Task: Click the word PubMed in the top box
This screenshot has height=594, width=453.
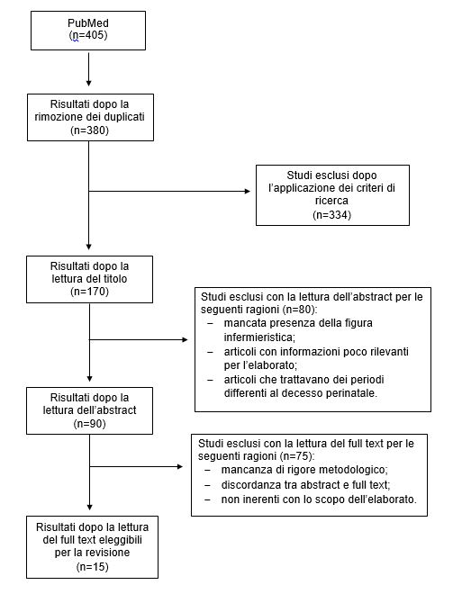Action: [88, 23]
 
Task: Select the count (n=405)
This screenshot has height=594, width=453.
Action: [88, 35]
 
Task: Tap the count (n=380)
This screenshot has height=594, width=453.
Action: [89, 130]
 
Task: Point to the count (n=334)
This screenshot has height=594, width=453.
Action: [332, 215]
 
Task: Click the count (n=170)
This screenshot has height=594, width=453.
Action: [89, 292]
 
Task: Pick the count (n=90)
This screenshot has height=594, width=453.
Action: [89, 424]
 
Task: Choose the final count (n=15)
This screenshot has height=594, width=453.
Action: [92, 567]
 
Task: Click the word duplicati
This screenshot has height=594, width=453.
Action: [124, 117]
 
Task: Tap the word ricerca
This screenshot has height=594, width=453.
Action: [331, 201]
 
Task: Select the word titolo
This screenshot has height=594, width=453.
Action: [113, 279]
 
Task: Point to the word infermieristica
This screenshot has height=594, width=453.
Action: [258, 337]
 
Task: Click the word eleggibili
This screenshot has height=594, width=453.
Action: [120, 540]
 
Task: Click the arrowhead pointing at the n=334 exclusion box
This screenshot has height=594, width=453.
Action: [248, 192]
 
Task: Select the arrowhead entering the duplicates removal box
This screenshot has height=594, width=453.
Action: [88, 84]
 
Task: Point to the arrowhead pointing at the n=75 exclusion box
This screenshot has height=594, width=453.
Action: [180, 466]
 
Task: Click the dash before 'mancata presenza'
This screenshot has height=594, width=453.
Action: [211, 323]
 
